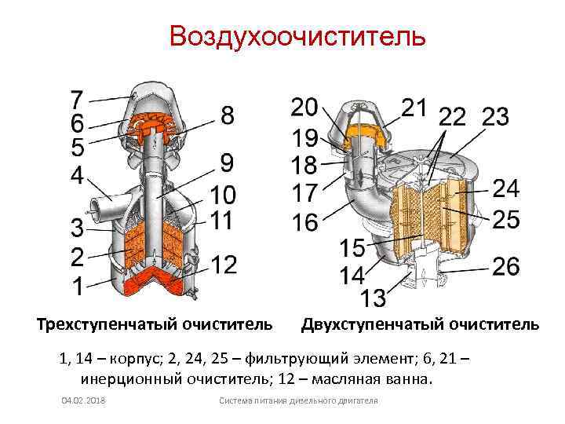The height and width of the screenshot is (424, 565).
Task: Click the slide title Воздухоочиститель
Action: pyautogui.click(x=297, y=36)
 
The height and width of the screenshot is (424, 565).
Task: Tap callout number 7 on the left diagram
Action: pyautogui.click(x=77, y=100)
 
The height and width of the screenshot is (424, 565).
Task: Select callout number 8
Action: pyautogui.click(x=227, y=115)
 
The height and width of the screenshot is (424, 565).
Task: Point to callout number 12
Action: pyautogui.click(x=224, y=265)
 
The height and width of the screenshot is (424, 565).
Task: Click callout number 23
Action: pyautogui.click(x=495, y=117)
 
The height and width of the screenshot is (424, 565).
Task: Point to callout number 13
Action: pyautogui.click(x=374, y=298)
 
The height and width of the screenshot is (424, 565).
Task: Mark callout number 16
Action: pyautogui.click(x=304, y=222)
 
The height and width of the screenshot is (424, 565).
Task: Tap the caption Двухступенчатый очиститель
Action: pyautogui.click(x=420, y=323)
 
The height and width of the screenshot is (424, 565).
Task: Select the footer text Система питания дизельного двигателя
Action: pyautogui.click(x=298, y=401)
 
